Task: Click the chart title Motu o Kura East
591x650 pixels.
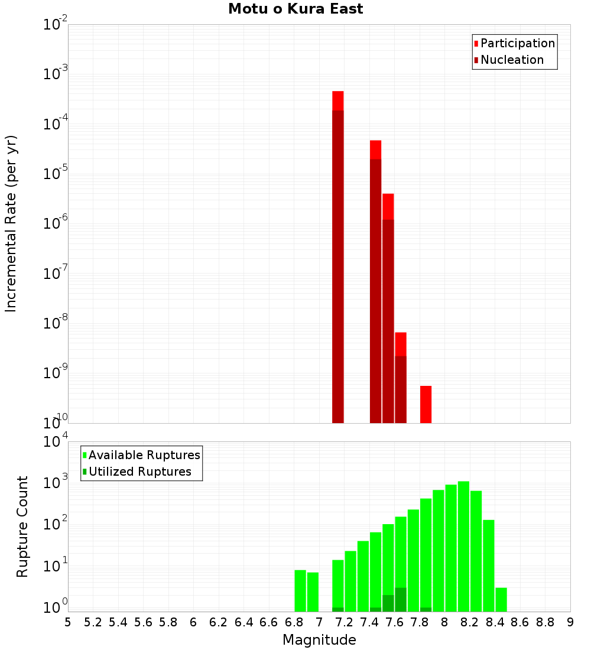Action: (295, 9)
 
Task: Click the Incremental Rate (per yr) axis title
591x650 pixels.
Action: (11, 223)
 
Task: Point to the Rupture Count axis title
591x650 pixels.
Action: (22, 526)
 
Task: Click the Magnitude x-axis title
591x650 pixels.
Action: (319, 640)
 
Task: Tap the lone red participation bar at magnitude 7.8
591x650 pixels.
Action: (426, 404)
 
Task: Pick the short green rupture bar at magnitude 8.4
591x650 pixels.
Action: (501, 600)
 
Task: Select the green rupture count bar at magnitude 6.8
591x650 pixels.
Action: (300, 591)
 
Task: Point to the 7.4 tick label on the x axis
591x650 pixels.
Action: (369, 622)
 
